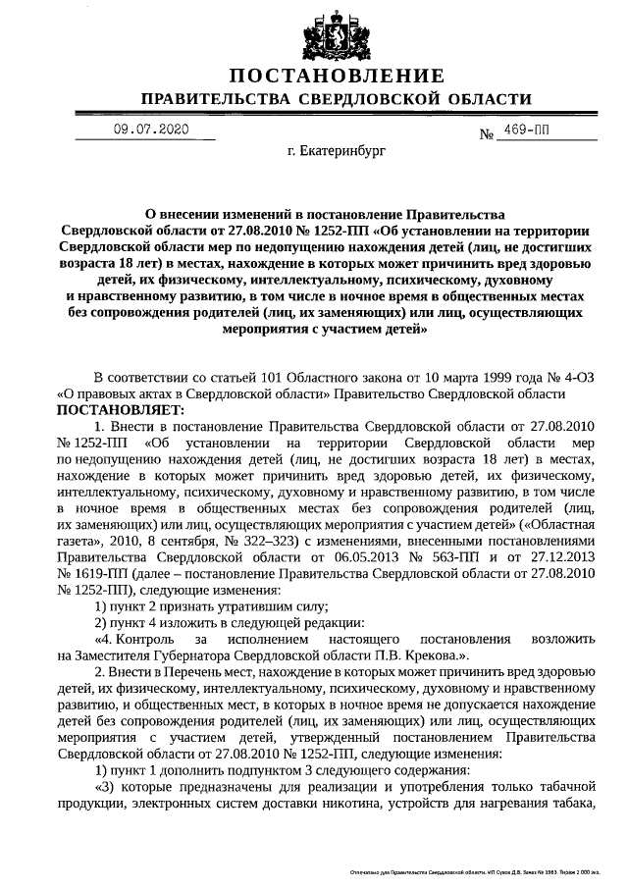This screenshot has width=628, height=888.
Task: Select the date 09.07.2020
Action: (148, 129)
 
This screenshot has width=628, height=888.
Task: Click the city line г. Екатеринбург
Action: (337, 154)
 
